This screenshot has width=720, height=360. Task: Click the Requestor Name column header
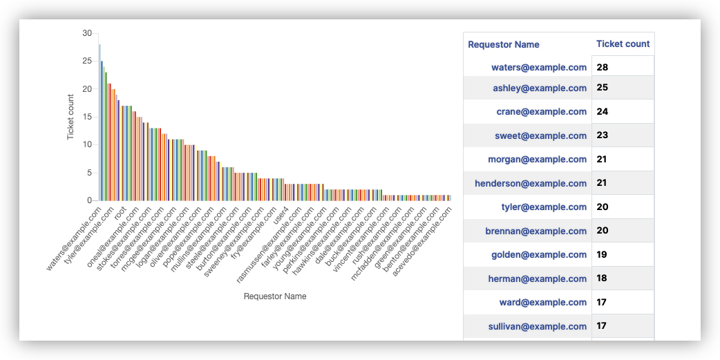[x=504, y=44]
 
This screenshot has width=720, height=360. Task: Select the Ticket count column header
[x=623, y=44]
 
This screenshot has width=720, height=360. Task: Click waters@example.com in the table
[x=539, y=68]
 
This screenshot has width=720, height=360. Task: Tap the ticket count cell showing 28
[x=603, y=68]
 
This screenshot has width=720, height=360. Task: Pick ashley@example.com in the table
[x=540, y=88]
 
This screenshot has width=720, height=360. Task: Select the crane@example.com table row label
[x=541, y=112]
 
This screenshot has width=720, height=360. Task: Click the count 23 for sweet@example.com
[x=603, y=135]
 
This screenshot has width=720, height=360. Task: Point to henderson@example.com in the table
[x=531, y=183]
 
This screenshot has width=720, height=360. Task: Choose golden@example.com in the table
[x=539, y=255]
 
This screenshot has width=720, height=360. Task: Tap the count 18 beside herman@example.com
[x=603, y=278]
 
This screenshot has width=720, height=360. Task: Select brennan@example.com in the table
[x=537, y=231]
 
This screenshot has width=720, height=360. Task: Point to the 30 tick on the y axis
[x=86, y=33]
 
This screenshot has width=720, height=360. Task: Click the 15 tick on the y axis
[x=86, y=117]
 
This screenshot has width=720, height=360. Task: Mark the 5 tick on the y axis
[x=88, y=173]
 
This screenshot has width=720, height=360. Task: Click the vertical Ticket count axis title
[x=70, y=117]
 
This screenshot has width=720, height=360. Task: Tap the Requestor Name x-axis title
[x=275, y=296]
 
